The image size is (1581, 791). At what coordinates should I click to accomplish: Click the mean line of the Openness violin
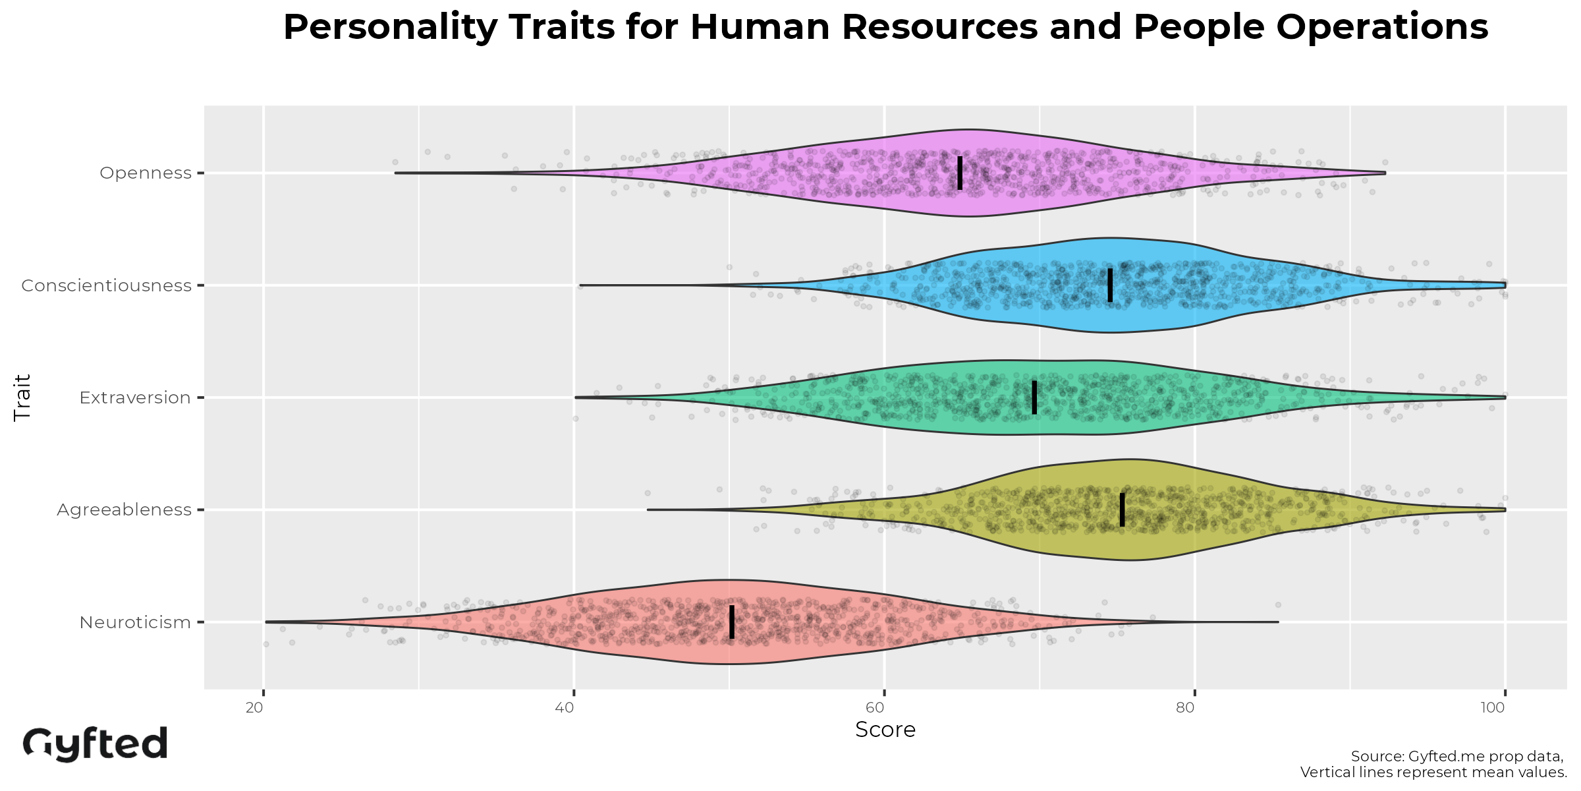pos(960,173)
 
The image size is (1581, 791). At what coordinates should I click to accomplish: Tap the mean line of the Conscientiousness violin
pos(1110,285)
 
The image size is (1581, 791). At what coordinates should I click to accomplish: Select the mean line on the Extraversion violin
pos(1034,397)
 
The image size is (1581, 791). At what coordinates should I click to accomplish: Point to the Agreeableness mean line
pos(1123,510)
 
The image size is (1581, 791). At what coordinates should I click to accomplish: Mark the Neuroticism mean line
pos(732,622)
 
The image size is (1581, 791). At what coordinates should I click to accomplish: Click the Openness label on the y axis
pos(146,173)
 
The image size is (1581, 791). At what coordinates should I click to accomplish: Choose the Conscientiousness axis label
pos(106,285)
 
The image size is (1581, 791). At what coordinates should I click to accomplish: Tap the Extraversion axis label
pos(135,397)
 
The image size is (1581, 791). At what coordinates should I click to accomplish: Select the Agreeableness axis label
pos(124,510)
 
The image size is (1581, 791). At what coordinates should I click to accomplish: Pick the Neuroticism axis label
pos(135,622)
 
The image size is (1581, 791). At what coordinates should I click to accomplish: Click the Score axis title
pos(885,730)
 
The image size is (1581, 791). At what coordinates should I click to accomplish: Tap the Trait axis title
pos(22,397)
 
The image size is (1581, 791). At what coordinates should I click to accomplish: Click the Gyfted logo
pos(96,744)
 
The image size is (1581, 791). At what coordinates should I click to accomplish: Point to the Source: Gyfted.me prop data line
pos(1457,756)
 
